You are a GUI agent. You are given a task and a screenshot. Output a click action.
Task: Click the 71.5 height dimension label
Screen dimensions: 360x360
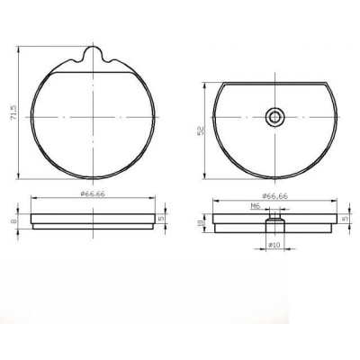pyautogui.click(x=13, y=115)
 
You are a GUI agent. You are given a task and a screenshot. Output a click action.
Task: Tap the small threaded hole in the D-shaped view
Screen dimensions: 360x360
pyautogui.click(x=274, y=115)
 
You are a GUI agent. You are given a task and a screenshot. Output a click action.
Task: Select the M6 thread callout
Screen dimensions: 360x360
pyautogui.click(x=255, y=207)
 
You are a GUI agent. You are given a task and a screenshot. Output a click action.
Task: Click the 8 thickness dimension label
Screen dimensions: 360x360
pyautogui.click(x=13, y=220)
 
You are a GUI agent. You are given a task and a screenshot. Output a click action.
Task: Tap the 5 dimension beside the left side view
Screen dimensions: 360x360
pyautogui.click(x=161, y=217)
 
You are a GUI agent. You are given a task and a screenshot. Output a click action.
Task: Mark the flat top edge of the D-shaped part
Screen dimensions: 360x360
pyautogui.click(x=274, y=82)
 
